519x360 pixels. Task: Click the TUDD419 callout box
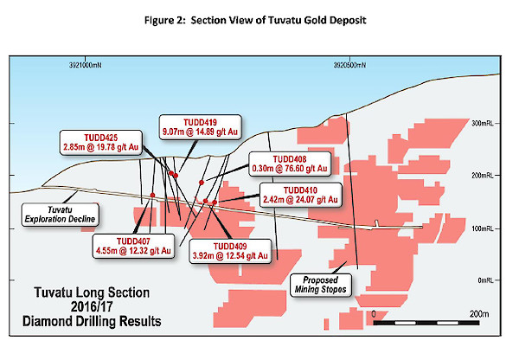(x=201, y=127)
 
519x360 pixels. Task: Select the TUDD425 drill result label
(x=101, y=143)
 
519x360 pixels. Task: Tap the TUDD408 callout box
(x=290, y=164)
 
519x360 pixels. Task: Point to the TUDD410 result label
(x=300, y=195)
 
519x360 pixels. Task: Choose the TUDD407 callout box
(x=133, y=246)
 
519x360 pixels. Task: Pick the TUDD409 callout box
(x=230, y=251)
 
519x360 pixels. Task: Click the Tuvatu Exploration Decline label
(x=60, y=215)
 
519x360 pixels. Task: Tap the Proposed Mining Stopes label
(x=320, y=285)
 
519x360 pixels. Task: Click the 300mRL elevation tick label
(x=483, y=123)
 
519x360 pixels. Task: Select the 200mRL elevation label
(x=483, y=175)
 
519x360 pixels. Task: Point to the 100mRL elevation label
(x=483, y=228)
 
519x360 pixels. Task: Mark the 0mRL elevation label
(x=485, y=280)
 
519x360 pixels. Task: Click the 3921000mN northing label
(x=86, y=65)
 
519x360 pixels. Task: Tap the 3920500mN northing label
(x=349, y=65)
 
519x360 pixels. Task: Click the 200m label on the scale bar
(x=479, y=313)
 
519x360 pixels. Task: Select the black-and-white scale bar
(x=426, y=323)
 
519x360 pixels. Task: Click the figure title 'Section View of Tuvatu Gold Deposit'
(x=279, y=21)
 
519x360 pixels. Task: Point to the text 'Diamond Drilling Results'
(x=92, y=321)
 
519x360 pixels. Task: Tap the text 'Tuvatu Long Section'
(x=92, y=292)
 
